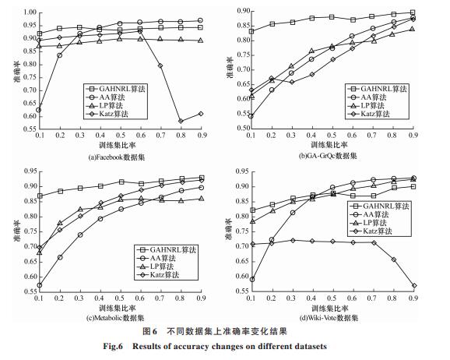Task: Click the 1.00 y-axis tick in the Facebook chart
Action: [x=30, y=12]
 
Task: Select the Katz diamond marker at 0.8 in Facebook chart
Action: [x=181, y=121]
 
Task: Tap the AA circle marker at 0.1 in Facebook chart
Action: [x=38, y=110]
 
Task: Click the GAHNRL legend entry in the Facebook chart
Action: [x=115, y=89]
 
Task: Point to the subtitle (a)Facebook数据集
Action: [x=117, y=157]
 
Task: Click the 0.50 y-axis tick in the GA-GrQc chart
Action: [x=244, y=128]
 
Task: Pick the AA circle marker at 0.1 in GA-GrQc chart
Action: [x=251, y=116]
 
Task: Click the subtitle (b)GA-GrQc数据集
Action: [x=328, y=156]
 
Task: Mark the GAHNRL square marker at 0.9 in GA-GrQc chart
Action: [x=413, y=12]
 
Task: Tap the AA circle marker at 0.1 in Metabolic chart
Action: [x=40, y=285]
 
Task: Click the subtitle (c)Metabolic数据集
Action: [x=115, y=318]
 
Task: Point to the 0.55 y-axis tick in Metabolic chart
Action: [x=30, y=291]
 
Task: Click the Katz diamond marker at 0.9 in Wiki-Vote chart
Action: [x=413, y=286]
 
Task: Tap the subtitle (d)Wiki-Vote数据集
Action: [x=329, y=318]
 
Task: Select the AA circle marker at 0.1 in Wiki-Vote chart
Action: [x=252, y=279]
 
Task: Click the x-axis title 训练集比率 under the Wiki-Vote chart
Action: [x=330, y=309]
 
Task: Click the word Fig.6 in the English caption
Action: [x=113, y=346]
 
